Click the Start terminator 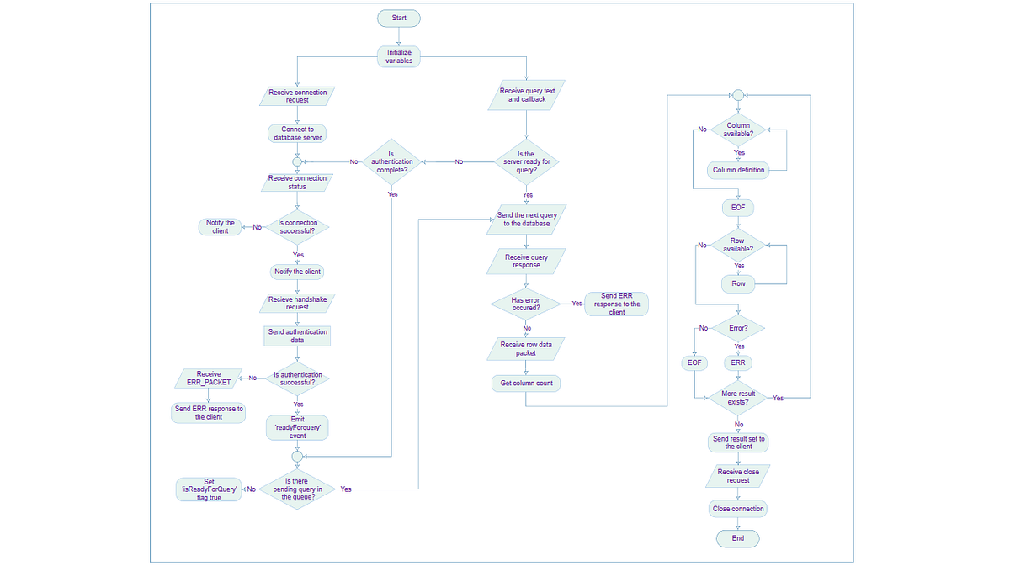(399, 18)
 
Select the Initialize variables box (399, 56)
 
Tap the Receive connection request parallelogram (297, 96)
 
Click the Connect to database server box (297, 134)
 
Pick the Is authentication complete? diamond (391, 161)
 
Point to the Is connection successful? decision (297, 227)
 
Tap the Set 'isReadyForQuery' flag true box (209, 489)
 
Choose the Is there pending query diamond (297, 489)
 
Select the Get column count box (526, 384)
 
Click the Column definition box (738, 170)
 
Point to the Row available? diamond (738, 245)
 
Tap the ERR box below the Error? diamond (738, 362)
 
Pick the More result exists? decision (738, 398)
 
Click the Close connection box (738, 509)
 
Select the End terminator (738, 538)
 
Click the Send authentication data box (297, 336)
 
